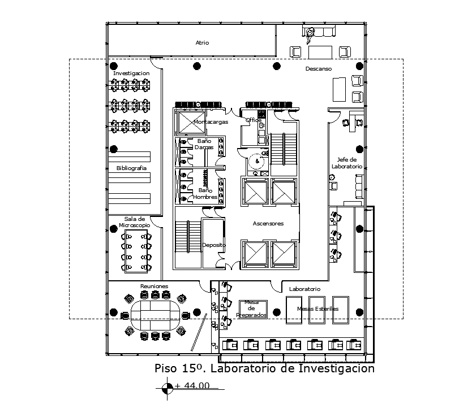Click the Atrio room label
pos(202,42)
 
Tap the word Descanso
pos(319,68)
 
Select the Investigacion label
pos(131,73)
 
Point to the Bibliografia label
pos(131,168)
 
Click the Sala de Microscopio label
pos(135,222)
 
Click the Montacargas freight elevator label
pos(211,121)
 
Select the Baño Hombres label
pos(204,193)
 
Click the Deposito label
pos(214,245)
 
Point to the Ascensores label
pos(268,224)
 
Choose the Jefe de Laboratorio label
pos(346,163)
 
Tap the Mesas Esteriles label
pos(317,308)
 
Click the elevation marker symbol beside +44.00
pos(168,388)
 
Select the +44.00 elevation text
pos(192,386)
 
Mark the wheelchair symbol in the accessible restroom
pos(258,161)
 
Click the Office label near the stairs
pos(253,120)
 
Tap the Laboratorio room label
pos(304,289)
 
